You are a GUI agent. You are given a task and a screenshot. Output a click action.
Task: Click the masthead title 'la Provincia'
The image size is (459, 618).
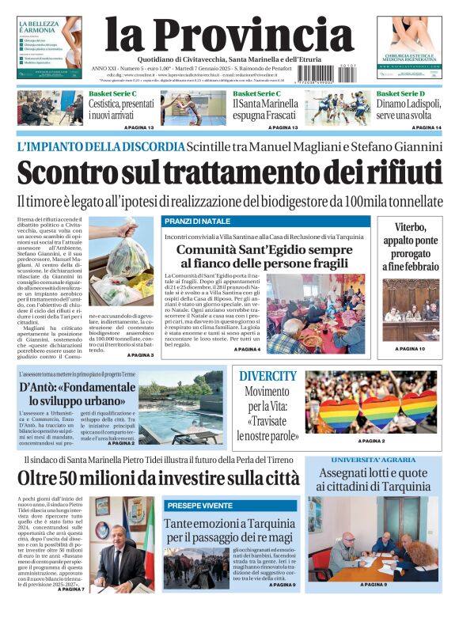[229, 35]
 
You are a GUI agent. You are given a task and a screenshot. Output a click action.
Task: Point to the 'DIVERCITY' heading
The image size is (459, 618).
[267, 376]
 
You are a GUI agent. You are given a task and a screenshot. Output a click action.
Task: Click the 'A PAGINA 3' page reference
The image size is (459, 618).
[140, 355]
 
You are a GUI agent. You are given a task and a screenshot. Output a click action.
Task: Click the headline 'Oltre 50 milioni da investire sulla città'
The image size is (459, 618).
[158, 479]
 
